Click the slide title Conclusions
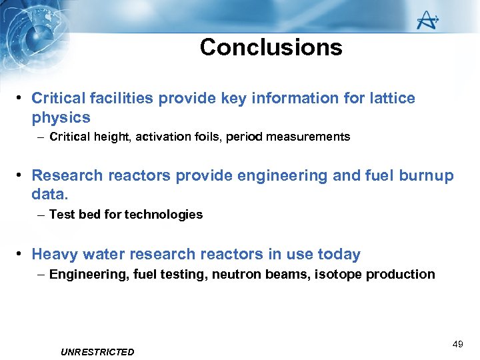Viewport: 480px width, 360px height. tap(271, 47)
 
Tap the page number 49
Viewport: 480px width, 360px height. tap(457, 344)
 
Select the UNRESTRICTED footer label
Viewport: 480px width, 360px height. tap(97, 352)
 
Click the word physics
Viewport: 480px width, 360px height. tap(61, 118)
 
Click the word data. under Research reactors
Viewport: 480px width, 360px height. tap(50, 195)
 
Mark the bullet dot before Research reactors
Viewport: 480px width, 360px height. tap(21, 176)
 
